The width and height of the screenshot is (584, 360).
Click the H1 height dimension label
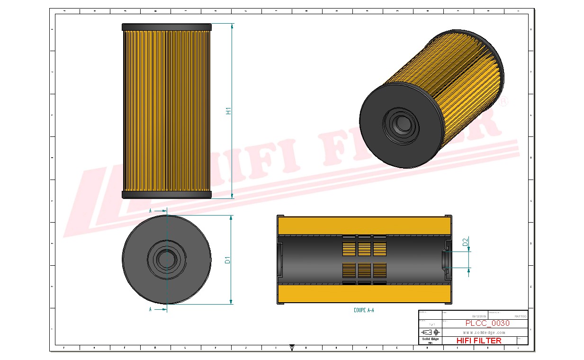[228, 111]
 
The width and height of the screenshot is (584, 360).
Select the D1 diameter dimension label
[228, 260]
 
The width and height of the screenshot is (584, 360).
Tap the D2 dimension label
[465, 242]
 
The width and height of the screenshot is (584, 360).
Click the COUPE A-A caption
[364, 310]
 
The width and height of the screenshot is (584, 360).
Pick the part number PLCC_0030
[487, 323]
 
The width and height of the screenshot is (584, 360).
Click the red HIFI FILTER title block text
[478, 340]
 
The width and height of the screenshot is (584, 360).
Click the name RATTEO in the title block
[520, 316]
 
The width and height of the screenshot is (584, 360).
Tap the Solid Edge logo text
[430, 339]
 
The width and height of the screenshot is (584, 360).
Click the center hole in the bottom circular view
[166, 259]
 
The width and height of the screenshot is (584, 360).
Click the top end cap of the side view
[166, 27]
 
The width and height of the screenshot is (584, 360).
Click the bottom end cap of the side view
[166, 195]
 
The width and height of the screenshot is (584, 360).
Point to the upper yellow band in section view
[364, 225]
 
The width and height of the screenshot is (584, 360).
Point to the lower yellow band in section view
[364, 294]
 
